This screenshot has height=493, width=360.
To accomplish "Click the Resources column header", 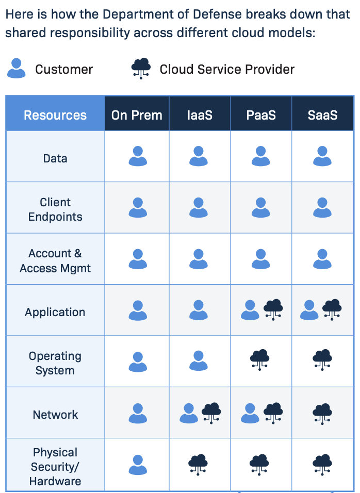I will click(x=55, y=115).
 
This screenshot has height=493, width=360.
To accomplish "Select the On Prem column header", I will click(x=137, y=115).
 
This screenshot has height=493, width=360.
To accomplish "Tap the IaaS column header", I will click(x=199, y=115).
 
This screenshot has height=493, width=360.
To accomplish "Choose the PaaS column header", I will click(x=261, y=115).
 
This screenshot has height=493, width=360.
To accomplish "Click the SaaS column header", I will click(x=322, y=115).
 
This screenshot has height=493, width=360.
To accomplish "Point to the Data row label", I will click(x=55, y=158).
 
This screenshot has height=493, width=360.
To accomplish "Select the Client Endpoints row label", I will click(x=55, y=209).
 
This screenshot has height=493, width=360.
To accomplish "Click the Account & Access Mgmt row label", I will click(x=55, y=260).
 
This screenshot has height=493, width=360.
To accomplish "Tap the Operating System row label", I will click(x=55, y=363).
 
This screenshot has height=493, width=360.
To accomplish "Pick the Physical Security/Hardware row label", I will click(x=55, y=467).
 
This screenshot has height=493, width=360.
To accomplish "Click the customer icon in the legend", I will click(x=17, y=68).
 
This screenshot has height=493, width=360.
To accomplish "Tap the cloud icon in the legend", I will click(x=141, y=68).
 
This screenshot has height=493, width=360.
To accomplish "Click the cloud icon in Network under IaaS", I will click(x=211, y=412).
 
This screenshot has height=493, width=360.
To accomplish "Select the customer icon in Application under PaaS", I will click(x=250, y=310).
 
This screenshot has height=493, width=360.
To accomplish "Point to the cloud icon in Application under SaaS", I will click(x=332, y=309).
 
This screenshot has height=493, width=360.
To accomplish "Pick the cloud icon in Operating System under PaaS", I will click(x=259, y=359).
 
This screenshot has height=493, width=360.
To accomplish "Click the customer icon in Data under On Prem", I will click(x=138, y=156).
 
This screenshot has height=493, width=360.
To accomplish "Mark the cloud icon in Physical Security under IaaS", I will click(x=198, y=464).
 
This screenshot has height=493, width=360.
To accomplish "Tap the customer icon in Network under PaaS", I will click(x=250, y=413).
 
